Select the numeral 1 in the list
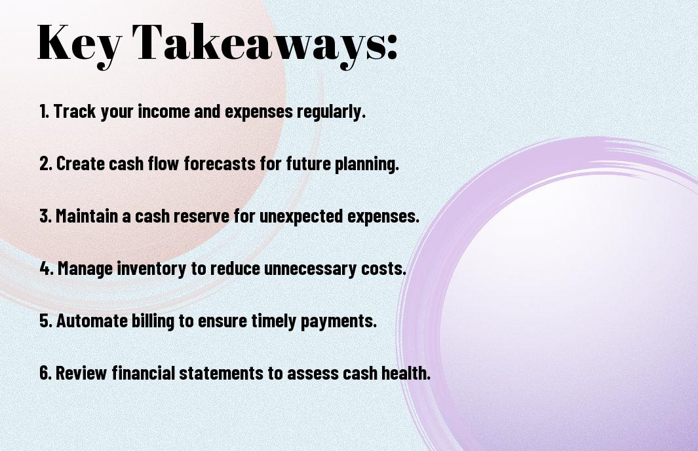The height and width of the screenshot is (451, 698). pyautogui.click(x=42, y=111)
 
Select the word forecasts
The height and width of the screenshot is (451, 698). pyautogui.click(x=220, y=163)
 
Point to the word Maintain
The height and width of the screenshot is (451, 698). pyautogui.click(x=87, y=216)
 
